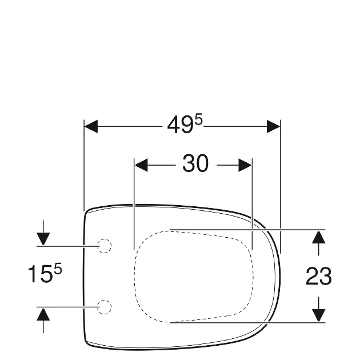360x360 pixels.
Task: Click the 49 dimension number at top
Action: [x=180, y=125]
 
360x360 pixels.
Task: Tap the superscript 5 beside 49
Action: [x=199, y=121]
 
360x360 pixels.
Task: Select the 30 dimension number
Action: [x=195, y=163]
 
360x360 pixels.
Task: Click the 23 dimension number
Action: [x=319, y=276]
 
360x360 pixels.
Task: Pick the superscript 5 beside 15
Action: [x=58, y=269]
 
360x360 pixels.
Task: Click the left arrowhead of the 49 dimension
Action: [x=91, y=126]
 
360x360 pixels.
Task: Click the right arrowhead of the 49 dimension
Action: [x=274, y=126]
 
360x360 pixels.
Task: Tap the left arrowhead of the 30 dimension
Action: [x=141, y=165]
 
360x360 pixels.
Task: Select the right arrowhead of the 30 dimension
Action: [x=245, y=165]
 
